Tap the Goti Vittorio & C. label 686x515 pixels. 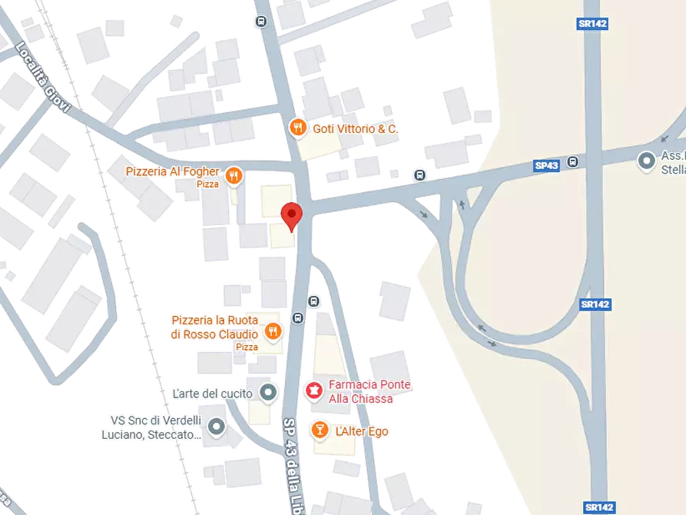355,128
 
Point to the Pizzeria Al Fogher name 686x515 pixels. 173,171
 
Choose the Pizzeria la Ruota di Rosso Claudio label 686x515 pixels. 214,327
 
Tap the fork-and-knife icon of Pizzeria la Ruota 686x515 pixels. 272,332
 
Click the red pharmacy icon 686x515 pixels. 313,391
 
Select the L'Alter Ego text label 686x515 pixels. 362,431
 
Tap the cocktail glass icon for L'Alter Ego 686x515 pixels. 320,430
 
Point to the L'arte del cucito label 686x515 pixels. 213,394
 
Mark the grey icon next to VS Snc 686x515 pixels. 217,426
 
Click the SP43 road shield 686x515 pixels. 547,165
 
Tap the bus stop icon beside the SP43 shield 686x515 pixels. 572,162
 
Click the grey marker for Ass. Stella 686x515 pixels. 647,161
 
